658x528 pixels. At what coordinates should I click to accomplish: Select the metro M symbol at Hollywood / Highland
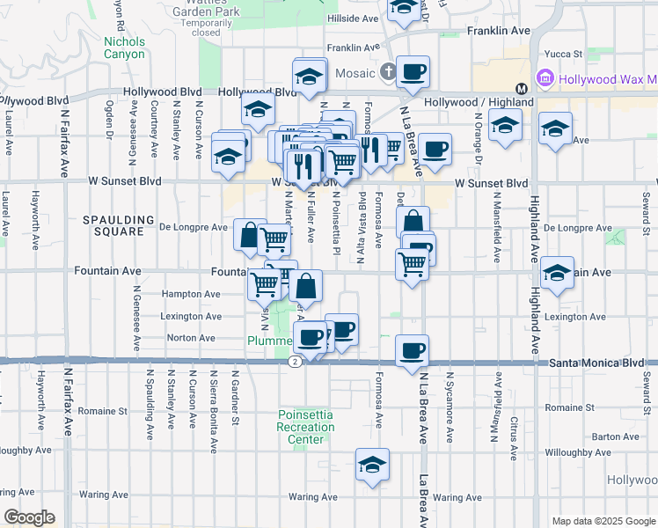click(x=522, y=88)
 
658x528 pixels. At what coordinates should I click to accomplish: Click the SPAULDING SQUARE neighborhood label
click(x=113, y=225)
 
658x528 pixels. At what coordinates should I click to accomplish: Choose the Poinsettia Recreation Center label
click(x=306, y=427)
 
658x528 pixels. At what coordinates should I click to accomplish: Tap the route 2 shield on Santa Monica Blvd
click(x=293, y=362)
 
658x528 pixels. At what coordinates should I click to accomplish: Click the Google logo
click(x=28, y=517)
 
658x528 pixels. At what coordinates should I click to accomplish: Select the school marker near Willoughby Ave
click(x=372, y=465)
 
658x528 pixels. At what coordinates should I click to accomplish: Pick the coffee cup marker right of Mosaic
click(x=412, y=72)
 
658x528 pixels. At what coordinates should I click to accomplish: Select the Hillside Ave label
click(x=353, y=18)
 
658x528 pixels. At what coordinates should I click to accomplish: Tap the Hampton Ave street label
click(x=190, y=294)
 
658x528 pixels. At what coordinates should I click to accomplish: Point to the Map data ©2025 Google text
click(x=603, y=521)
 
